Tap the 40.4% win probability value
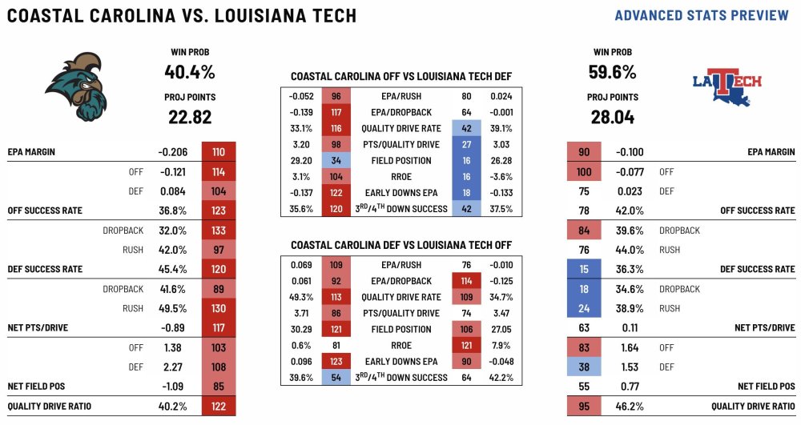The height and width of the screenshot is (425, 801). (190, 72)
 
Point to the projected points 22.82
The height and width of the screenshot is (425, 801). (189, 118)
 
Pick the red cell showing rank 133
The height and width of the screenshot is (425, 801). (219, 231)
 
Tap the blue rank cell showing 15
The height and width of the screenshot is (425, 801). (585, 270)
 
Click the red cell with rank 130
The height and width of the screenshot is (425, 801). (219, 308)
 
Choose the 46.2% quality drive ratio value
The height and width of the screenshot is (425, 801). (629, 407)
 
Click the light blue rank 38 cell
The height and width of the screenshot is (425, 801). (585, 367)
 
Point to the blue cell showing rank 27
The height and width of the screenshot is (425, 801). (465, 144)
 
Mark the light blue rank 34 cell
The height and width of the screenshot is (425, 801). (336, 160)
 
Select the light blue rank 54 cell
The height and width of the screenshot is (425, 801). (336, 377)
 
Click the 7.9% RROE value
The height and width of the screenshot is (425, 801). (502, 345)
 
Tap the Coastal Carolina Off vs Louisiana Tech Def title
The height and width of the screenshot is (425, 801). (401, 77)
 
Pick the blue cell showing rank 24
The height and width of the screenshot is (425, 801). (585, 308)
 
